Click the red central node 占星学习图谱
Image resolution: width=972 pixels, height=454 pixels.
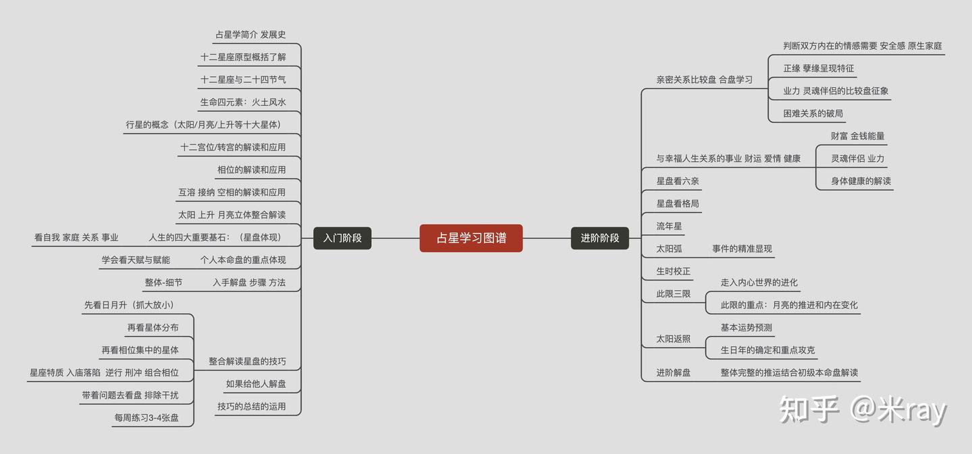[x=470, y=238]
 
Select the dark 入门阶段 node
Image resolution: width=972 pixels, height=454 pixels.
[x=342, y=238]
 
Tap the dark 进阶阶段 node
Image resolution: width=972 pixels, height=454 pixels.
[x=599, y=238]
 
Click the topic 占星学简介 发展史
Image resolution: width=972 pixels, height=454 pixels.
[x=250, y=34]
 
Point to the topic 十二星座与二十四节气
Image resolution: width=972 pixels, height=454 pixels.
[x=243, y=80]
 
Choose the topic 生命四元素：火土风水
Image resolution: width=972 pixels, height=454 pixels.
[x=243, y=103]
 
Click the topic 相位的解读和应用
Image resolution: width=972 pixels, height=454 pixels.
[x=251, y=170]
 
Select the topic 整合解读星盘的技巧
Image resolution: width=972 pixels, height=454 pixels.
[x=247, y=362]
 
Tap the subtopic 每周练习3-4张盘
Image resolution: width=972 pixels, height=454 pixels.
[x=146, y=418]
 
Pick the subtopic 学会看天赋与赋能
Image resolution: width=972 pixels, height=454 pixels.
[x=136, y=260]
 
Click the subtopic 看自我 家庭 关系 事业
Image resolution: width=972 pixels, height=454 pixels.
[x=76, y=237]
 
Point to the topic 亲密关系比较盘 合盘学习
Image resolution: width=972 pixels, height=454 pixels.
[x=704, y=80]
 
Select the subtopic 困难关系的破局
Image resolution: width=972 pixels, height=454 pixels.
[x=813, y=113]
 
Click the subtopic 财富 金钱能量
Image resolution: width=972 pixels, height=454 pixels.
[x=857, y=136]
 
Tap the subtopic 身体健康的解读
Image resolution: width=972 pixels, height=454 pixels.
[x=861, y=181]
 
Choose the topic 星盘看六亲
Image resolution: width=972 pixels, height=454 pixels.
[x=678, y=181]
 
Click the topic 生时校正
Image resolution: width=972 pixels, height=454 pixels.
[x=674, y=271]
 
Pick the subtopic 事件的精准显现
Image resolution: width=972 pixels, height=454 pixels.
[x=742, y=249]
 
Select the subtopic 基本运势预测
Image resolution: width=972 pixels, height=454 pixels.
[x=746, y=328]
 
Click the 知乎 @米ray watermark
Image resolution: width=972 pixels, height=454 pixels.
[x=863, y=409]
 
